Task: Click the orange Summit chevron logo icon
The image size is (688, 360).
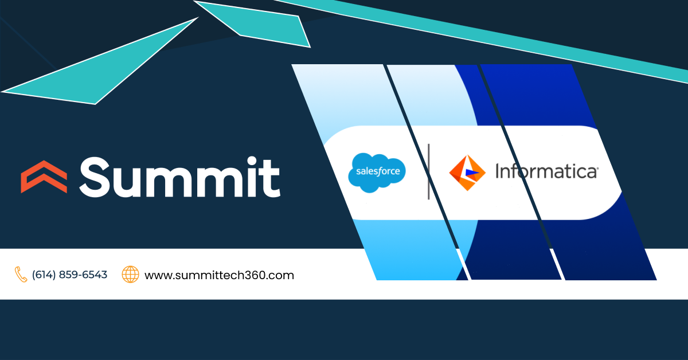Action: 44,176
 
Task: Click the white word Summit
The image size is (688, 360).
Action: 179,176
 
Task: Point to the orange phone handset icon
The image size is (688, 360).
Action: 21,275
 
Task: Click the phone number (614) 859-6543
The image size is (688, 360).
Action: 69,275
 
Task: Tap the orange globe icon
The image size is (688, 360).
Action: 131,275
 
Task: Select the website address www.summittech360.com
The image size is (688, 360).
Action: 219,275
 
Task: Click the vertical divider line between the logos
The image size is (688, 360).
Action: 428,172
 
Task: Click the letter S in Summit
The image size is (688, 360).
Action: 97,176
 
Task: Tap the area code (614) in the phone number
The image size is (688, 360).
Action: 44,275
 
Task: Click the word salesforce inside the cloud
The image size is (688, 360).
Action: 377,172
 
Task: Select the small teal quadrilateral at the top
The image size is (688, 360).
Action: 258,23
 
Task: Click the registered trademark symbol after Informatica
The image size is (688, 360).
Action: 598,168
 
